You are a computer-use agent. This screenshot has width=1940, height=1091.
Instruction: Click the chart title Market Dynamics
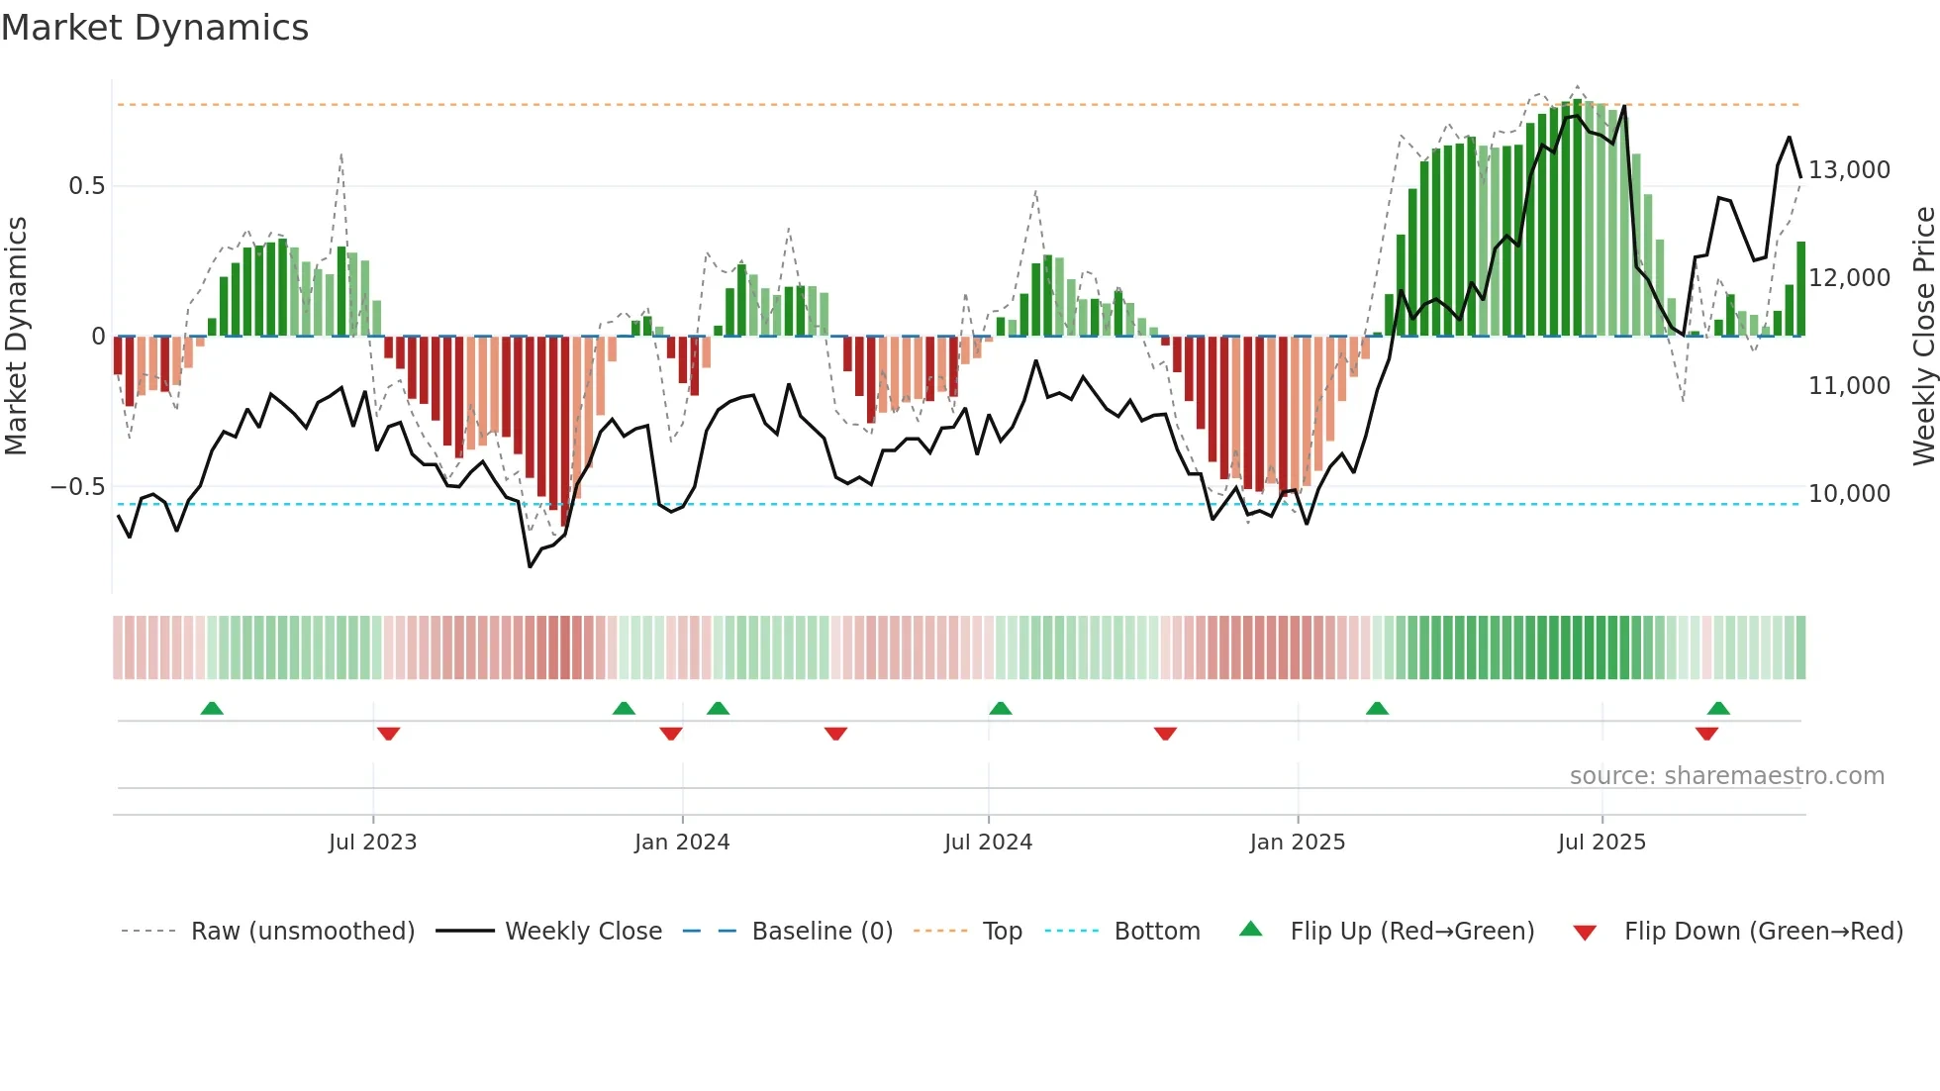click(x=154, y=28)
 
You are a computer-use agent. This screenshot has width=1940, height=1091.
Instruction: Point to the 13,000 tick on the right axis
click(x=1849, y=170)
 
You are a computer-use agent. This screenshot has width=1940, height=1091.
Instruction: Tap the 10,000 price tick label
click(x=1849, y=494)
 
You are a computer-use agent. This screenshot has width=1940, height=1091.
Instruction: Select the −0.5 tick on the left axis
click(x=77, y=487)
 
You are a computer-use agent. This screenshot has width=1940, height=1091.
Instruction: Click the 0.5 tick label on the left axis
click(x=86, y=186)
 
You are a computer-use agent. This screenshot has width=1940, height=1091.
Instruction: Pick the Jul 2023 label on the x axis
click(x=372, y=843)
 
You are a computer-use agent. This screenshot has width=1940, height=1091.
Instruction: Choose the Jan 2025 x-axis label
click(x=1297, y=843)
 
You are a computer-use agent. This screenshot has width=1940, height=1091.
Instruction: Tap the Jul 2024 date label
click(x=988, y=843)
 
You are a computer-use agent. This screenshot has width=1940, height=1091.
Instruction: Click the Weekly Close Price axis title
click(x=1923, y=336)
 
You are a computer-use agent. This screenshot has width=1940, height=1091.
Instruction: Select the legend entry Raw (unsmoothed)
click(x=302, y=932)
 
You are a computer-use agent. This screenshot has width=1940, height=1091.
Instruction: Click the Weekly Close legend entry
click(x=583, y=932)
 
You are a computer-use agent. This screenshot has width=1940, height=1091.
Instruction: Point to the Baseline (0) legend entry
click(x=822, y=932)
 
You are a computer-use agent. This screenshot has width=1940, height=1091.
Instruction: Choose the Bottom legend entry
click(x=1156, y=932)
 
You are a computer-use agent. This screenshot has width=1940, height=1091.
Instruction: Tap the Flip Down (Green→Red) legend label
click(x=1763, y=932)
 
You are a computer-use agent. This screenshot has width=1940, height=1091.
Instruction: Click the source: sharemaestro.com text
click(x=1726, y=776)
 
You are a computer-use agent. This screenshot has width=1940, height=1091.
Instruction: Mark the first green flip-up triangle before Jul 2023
click(x=212, y=708)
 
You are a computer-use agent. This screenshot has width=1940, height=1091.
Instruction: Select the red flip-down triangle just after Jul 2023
click(x=388, y=734)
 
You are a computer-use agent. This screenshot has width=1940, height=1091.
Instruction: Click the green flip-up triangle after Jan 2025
click(x=1377, y=708)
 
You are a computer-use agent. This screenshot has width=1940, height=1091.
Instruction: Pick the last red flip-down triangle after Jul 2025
click(x=1706, y=734)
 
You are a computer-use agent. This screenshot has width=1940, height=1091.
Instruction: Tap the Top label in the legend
click(x=1002, y=932)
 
